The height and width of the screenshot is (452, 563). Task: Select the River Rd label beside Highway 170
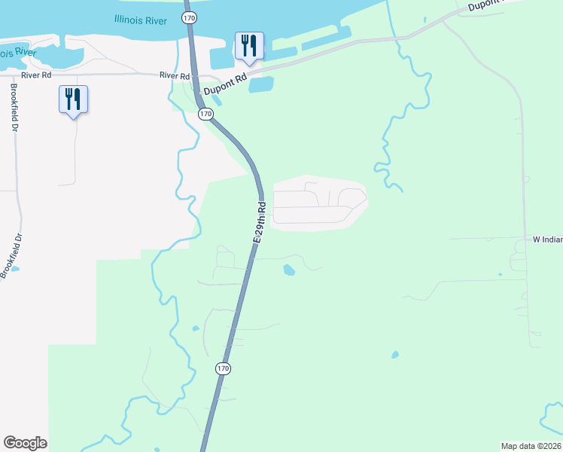coord(174,76)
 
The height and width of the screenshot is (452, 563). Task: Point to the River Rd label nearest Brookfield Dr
coord(36,75)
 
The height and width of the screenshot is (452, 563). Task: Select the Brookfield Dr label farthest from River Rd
coord(11,255)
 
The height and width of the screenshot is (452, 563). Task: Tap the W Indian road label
coord(547,240)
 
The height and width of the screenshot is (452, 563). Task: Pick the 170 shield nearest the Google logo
coord(222,368)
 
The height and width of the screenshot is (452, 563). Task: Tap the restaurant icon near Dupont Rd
coord(248,47)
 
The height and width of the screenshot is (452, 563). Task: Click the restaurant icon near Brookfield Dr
coord(73,99)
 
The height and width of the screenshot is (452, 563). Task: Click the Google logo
coord(25,443)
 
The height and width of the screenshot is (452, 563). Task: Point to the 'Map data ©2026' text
coord(531,446)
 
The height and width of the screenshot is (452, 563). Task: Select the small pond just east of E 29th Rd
coord(288,270)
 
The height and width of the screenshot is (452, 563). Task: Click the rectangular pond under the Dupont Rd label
coord(260,85)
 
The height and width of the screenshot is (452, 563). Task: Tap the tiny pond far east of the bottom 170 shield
coord(395,355)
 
